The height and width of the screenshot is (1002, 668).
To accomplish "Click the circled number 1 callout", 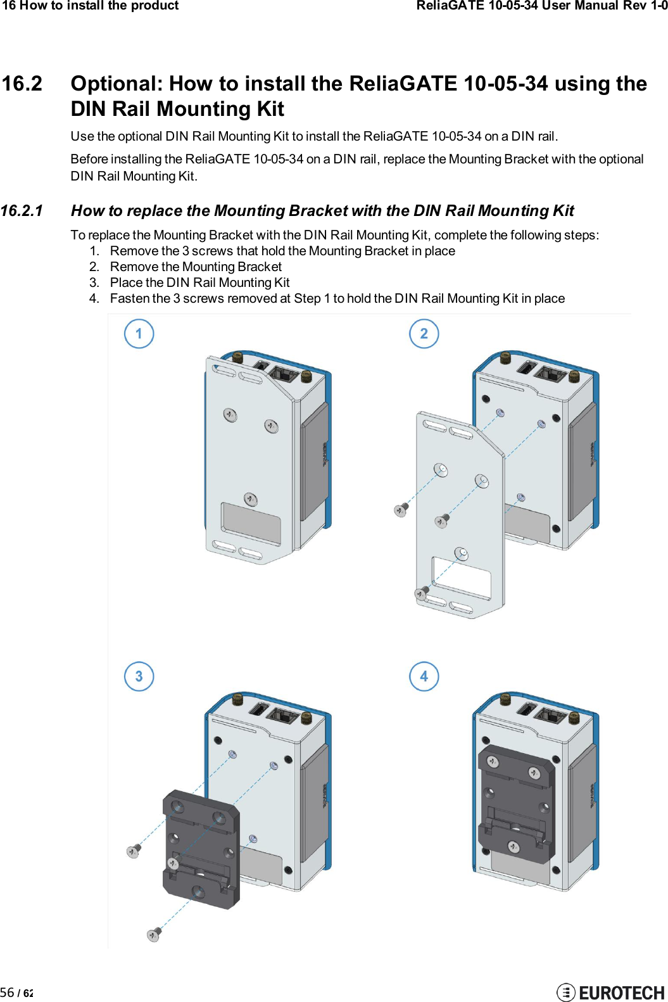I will tap(139, 334).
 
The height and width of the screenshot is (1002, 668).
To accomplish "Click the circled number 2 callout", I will tap(424, 334).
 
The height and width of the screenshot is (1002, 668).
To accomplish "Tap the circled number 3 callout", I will tap(139, 676).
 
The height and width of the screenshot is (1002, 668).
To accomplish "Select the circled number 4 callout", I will tap(424, 676).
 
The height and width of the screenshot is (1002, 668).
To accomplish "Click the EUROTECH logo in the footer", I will tap(610, 992).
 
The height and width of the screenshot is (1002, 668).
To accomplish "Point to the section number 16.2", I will tap(22, 84).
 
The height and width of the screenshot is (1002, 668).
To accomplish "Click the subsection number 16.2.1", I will tap(22, 211).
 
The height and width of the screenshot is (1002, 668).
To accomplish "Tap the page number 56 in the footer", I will tap(8, 992).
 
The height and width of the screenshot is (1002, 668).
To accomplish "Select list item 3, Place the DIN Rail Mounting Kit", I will tap(199, 282).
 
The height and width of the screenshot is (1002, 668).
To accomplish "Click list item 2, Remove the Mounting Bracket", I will tap(196, 267).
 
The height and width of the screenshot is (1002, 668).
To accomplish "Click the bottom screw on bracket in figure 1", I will tap(250, 499).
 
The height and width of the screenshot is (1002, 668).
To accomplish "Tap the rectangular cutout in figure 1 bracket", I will tap(251, 523).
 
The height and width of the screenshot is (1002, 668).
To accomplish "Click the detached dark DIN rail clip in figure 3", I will tap(201, 849).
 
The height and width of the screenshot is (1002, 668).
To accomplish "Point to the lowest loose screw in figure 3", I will tap(154, 934).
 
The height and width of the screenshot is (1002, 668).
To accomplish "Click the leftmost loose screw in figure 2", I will tap(401, 510).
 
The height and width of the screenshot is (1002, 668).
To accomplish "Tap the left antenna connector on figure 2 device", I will tap(505, 358).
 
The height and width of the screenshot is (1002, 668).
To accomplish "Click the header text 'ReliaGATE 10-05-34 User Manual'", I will tap(531, 6).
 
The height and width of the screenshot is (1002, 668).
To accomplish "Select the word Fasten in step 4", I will tap(130, 298).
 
